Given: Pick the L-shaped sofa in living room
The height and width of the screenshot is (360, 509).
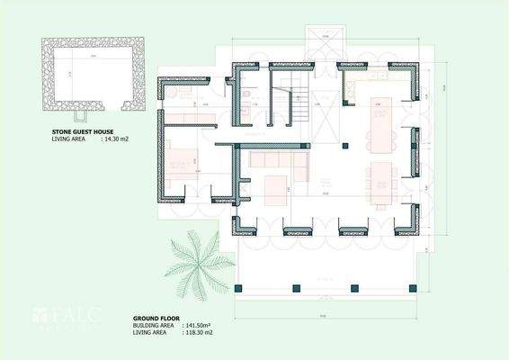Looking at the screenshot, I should coord(273,161).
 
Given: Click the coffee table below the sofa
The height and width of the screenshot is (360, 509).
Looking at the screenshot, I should coord(274,186).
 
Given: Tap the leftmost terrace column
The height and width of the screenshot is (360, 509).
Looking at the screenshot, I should coord(240,289).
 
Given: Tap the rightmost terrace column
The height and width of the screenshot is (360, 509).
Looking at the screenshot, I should coord(414,289).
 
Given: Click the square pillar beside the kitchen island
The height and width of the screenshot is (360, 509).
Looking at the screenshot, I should coord(344,145).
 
